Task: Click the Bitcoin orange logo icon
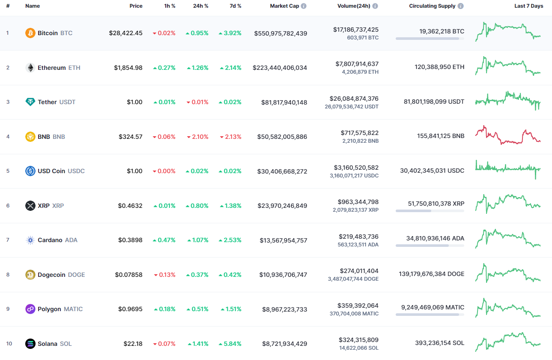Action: click(30, 33)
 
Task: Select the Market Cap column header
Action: click(284, 6)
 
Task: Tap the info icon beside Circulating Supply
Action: click(460, 6)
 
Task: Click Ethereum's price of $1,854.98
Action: click(128, 68)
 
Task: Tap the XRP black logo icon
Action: click(30, 206)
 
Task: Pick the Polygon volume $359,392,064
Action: click(358, 306)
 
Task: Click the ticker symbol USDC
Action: click(76, 171)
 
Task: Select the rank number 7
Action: click(8, 240)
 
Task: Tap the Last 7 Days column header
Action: click(528, 6)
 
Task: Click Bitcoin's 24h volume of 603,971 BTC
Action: click(362, 38)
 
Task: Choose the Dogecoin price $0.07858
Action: click(128, 275)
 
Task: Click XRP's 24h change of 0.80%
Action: click(197, 206)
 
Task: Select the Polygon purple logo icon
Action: click(30, 309)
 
